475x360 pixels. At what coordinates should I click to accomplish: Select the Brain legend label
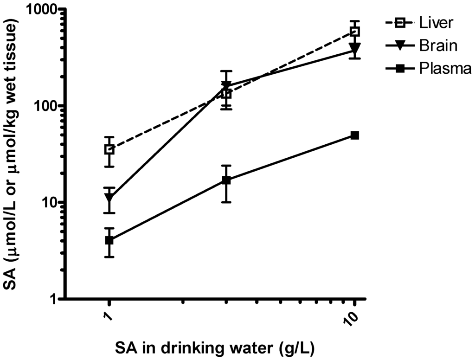tap(437, 45)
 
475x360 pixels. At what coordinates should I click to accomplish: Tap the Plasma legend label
tap(445, 69)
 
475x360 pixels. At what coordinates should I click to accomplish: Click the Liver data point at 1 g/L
tap(109, 149)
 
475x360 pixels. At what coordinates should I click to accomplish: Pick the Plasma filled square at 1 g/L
tap(109, 240)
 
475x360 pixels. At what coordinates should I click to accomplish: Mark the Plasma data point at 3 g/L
tap(226, 180)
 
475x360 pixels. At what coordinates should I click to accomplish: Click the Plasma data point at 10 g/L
tap(355, 135)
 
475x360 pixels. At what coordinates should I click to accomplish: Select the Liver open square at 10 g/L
tap(355, 32)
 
